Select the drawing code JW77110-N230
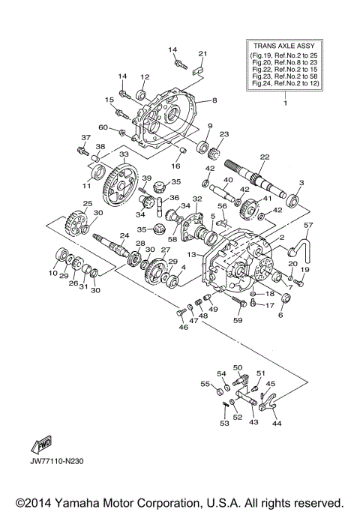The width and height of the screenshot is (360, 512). [58, 461]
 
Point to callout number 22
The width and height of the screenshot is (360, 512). [264, 157]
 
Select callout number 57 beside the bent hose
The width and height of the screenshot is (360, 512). [307, 224]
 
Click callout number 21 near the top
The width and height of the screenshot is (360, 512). [202, 54]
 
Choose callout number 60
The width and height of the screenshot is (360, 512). [103, 127]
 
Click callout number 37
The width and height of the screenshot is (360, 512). [85, 137]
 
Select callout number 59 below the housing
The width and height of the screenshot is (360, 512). [238, 321]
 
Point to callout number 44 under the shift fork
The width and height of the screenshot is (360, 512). [277, 424]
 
